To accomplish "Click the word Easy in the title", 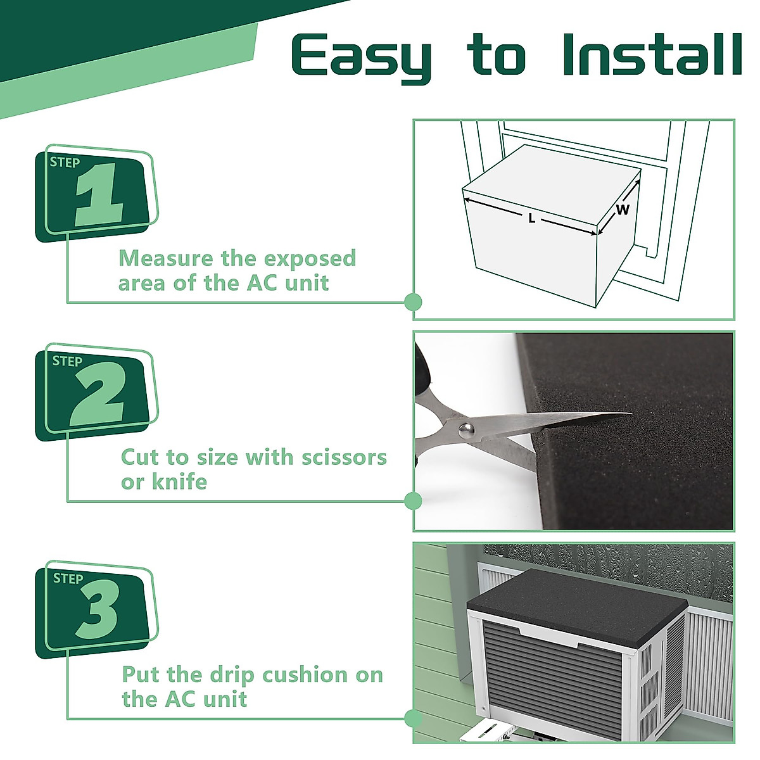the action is pos(362,59).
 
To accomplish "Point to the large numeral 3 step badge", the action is pos(98,609).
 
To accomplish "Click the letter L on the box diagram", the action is pos(531,218).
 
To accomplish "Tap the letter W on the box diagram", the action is pos(623,210).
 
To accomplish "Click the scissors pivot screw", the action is pos(466,428).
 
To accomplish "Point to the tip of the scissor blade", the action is pos(632,414).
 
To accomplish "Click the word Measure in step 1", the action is pos(167,258).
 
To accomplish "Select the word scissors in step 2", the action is pos(344,458).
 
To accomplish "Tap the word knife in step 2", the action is pos(179,481).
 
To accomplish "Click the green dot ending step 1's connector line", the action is pos(414,303).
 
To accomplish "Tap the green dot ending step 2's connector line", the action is pos(414,501).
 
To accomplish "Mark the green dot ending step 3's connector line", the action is pos(414,719).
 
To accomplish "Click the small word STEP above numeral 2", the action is pos(67,361).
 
